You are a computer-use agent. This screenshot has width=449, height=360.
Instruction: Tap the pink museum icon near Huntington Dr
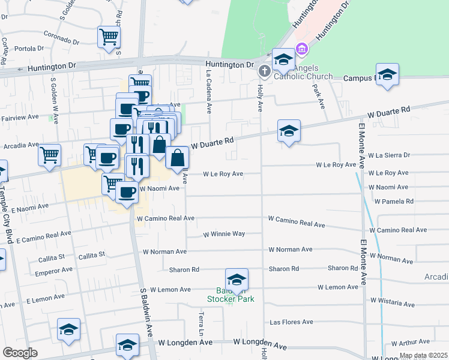tap(301, 48)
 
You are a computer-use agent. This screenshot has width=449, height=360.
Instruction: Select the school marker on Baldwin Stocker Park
tap(237, 280)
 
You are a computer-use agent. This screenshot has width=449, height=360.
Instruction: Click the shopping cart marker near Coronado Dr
tap(109, 37)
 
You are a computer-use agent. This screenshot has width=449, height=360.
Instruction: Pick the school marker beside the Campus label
tap(388, 74)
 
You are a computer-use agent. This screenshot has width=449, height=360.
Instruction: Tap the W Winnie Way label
tap(224, 234)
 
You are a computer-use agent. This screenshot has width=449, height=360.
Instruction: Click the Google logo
tap(20, 353)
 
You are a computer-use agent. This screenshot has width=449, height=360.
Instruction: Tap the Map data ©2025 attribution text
tap(423, 356)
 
